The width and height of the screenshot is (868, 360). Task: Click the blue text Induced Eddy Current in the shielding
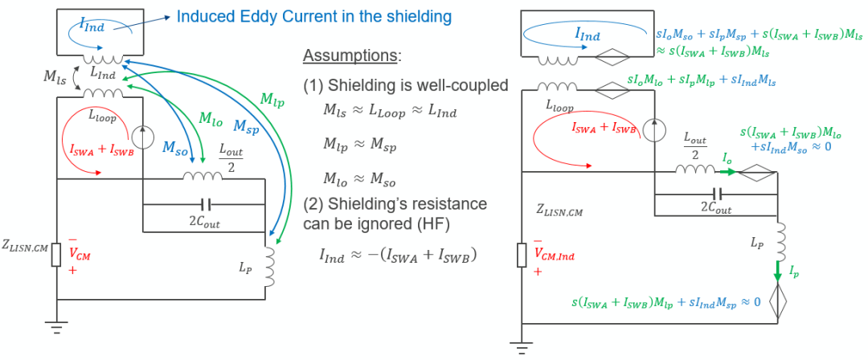pos(313,16)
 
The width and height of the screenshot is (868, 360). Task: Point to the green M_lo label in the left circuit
pos(211,118)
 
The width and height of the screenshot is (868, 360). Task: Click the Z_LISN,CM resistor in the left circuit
pos(55,256)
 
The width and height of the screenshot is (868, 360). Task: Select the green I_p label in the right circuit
pos(793,274)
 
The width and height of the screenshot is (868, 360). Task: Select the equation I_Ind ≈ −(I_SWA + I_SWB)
pos(399,256)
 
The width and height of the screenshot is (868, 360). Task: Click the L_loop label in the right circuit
pos(560,105)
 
